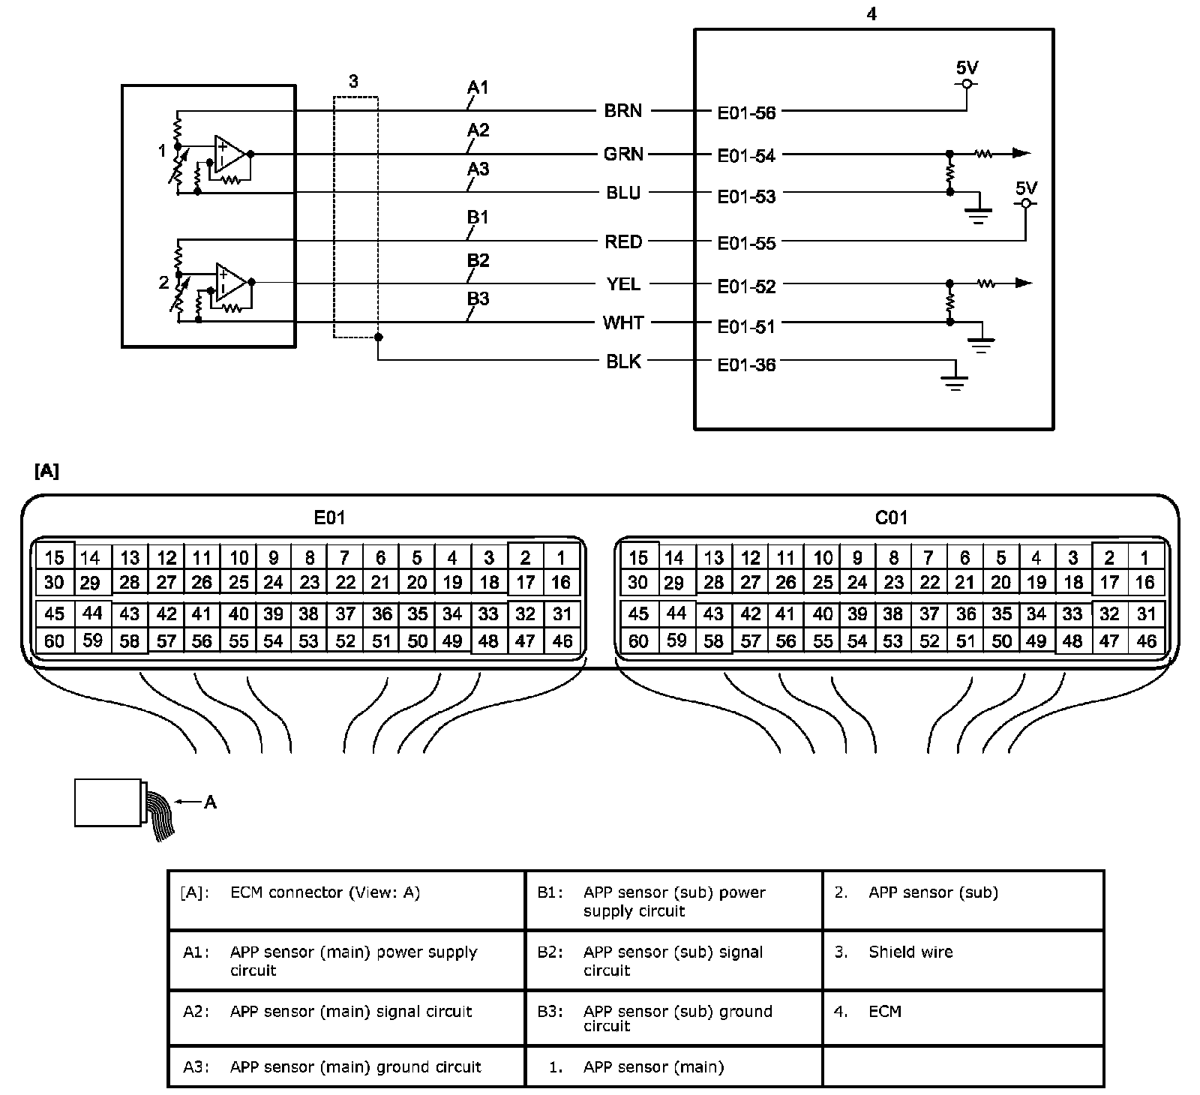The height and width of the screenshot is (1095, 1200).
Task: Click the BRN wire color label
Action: (622, 111)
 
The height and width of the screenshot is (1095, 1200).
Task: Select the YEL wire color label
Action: (622, 284)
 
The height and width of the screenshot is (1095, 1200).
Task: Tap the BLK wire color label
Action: (623, 361)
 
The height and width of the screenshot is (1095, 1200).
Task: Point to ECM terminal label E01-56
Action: (746, 113)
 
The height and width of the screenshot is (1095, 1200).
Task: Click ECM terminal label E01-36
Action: (746, 366)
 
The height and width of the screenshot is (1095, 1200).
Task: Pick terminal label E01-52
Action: (746, 286)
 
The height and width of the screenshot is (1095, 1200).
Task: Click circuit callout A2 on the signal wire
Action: (478, 130)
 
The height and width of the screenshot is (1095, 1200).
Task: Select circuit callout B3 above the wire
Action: (478, 299)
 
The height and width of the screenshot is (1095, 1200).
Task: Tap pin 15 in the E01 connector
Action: (54, 557)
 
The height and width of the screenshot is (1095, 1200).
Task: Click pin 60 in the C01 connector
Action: (638, 641)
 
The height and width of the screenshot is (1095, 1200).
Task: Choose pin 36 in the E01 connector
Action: (382, 614)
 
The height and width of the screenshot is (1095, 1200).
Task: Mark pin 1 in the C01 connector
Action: (1144, 557)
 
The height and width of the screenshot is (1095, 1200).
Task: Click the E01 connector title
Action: (329, 517)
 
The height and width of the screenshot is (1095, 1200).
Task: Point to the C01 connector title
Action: (891, 517)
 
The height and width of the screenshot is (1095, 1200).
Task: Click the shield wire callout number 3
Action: (354, 82)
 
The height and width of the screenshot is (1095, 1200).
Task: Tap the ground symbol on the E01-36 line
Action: (954, 382)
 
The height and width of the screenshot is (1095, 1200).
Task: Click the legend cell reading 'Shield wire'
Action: (910, 952)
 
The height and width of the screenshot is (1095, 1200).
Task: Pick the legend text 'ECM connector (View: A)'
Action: (325, 892)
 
